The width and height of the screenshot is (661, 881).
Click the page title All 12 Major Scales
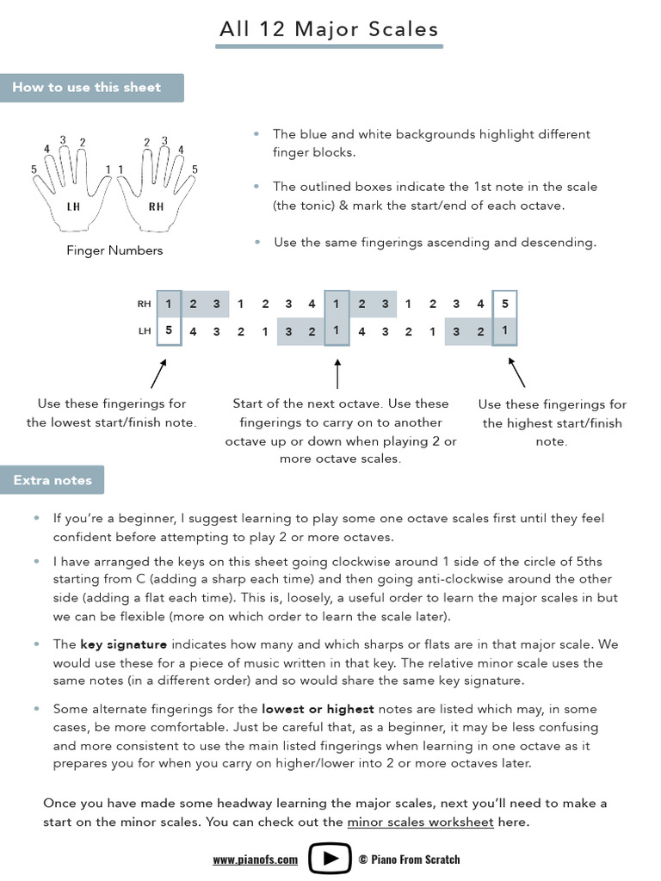(329, 29)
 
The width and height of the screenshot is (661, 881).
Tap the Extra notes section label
(53, 480)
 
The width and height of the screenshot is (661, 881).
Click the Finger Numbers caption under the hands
(114, 250)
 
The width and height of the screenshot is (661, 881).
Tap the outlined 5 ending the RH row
(504, 304)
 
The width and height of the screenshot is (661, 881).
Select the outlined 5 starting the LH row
(169, 330)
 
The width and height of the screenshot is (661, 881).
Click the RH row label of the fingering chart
(144, 304)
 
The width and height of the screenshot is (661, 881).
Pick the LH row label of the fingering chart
(144, 330)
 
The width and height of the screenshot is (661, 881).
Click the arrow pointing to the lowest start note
(158, 373)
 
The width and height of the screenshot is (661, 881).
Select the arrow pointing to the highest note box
(516, 373)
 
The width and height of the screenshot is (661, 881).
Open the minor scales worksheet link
(420, 822)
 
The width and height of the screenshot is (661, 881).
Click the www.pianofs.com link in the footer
(255, 859)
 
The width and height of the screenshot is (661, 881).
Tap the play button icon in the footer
(329, 859)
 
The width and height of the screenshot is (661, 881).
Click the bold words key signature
(124, 644)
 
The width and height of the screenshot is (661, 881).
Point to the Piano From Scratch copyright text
(409, 859)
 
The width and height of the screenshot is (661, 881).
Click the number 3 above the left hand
(63, 140)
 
